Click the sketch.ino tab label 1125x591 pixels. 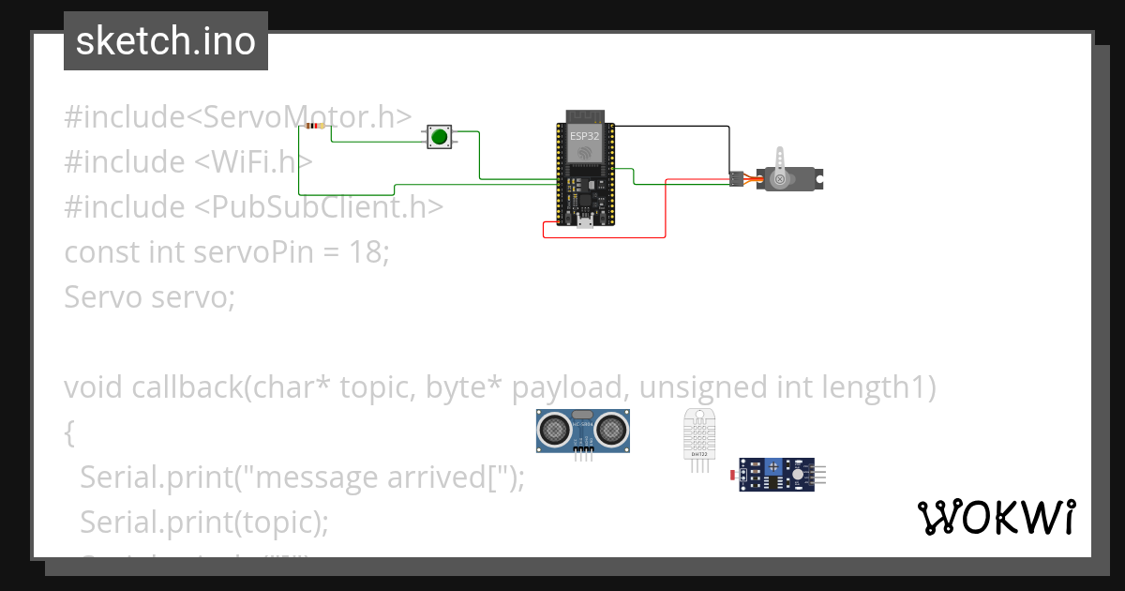click(166, 41)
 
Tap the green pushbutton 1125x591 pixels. click(439, 137)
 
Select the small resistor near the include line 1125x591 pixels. click(315, 126)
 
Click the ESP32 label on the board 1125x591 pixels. click(584, 136)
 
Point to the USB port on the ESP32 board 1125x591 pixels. click(584, 220)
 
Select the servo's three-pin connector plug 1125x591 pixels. click(737, 177)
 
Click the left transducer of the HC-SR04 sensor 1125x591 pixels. click(555, 431)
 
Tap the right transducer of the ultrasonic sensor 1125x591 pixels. click(611, 431)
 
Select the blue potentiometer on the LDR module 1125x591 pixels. click(774, 465)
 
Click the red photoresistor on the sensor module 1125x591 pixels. click(733, 477)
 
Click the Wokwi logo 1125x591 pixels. click(996, 517)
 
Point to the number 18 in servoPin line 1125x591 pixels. click(365, 251)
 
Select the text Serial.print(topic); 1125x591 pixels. click(204, 521)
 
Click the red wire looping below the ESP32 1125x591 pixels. click(605, 237)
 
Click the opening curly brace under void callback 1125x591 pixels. click(68, 432)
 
